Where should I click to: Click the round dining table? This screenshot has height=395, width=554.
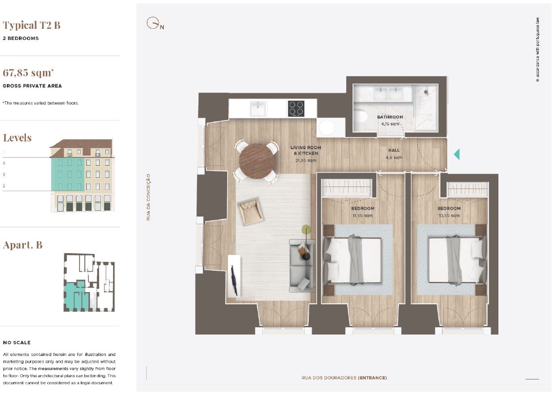[257, 161]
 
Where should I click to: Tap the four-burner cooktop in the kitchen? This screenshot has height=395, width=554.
[296, 109]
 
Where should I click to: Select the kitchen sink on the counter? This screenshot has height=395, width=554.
[258, 109]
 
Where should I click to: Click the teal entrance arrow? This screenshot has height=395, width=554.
[457, 155]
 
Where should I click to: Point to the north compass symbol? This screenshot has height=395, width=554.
[155, 23]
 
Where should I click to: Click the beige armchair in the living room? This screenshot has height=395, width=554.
[251, 211]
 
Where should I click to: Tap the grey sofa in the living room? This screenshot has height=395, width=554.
[302, 265]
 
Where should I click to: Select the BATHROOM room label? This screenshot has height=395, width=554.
[390, 117]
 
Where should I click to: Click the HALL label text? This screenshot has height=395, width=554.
[394, 150]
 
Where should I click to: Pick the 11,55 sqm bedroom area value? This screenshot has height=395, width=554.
[362, 216]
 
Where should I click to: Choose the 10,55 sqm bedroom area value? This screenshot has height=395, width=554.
[449, 216]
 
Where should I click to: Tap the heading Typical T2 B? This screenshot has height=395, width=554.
[31, 25]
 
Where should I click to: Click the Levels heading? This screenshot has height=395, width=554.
[18, 138]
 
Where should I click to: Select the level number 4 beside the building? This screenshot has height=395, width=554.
[4, 163]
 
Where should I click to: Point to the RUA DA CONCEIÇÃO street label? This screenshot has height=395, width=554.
[148, 197]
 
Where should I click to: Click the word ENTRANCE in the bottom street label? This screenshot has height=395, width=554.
[373, 377]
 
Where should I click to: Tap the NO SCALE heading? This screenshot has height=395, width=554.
[17, 342]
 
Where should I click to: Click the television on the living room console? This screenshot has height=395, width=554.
[234, 280]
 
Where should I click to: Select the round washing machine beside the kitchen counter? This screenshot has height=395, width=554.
[327, 128]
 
